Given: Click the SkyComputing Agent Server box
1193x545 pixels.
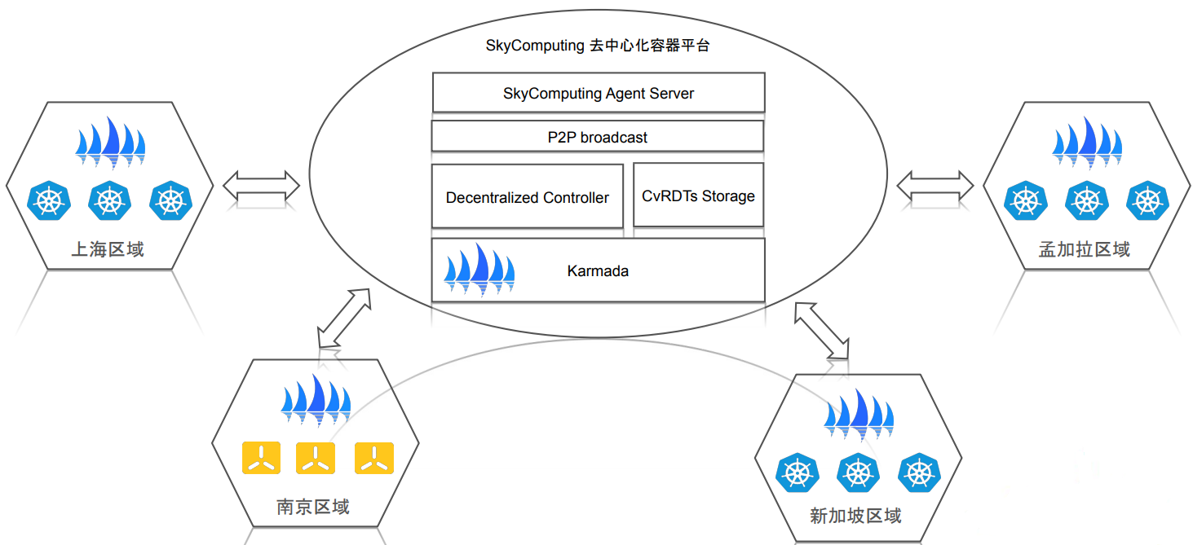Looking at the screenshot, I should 598,93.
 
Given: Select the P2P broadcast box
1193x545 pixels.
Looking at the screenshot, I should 597,137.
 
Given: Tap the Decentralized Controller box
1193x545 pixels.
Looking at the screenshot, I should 527,197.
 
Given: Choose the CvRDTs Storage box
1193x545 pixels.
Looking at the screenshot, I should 698,196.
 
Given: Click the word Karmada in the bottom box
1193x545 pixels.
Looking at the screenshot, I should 598,271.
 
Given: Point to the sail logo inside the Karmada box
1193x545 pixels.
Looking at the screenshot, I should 479,268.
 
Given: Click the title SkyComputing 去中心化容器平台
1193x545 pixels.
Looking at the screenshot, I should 598,46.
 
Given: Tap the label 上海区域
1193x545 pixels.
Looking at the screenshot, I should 108,249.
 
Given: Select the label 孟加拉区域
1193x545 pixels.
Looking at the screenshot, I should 1084,249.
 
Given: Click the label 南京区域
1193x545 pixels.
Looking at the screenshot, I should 313,507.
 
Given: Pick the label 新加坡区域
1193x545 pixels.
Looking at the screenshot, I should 855,515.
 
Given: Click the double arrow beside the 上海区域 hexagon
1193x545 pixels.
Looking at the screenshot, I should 261,186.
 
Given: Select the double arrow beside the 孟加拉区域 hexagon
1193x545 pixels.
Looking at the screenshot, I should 935,186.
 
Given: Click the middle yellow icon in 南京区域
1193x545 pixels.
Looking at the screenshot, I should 314,459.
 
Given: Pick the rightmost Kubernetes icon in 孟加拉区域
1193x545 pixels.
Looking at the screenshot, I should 1147,200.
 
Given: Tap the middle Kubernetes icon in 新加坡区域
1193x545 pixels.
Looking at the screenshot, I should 857,472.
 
